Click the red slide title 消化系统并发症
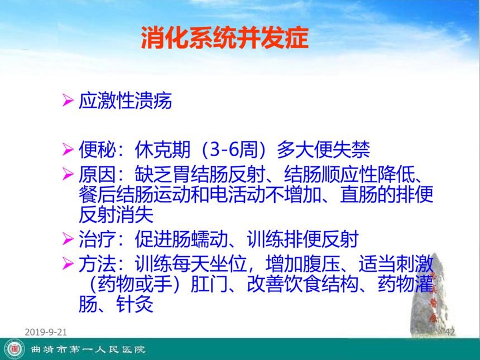pos(225,37)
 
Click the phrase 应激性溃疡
pos(125,100)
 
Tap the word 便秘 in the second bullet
pos(97,150)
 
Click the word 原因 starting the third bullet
pos(97,175)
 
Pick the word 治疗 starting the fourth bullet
pos(97,239)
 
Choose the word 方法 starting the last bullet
pos(97,264)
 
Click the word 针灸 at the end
pos(135,304)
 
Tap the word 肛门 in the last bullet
pos(209,284)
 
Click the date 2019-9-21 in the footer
pos(46,332)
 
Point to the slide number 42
pos(450,332)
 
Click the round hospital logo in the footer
pos(14,349)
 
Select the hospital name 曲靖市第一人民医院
pos(88,349)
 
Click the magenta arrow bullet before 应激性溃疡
pos(68,100)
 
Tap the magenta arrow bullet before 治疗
pos(68,239)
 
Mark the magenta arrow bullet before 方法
pos(68,264)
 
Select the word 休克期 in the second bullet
pos(162,150)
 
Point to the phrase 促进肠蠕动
pos(181,239)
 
